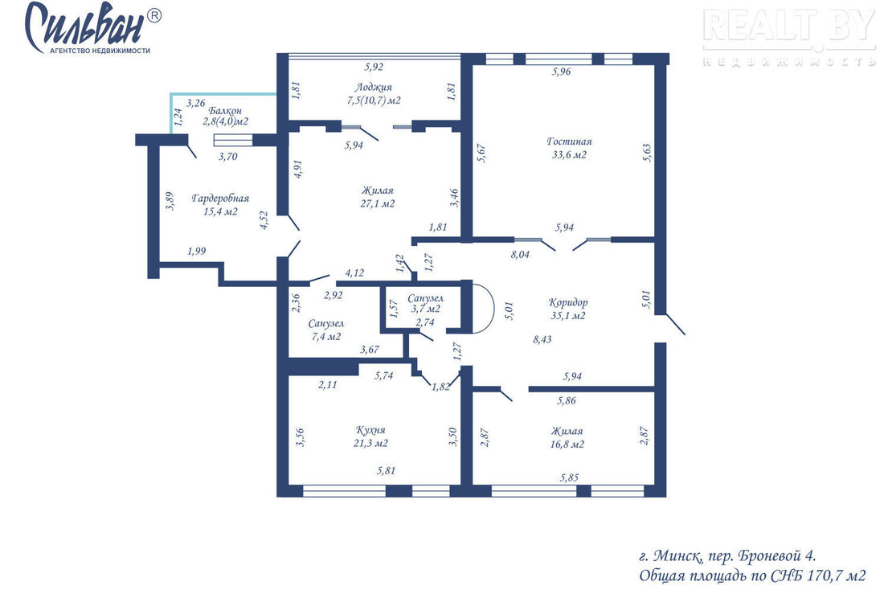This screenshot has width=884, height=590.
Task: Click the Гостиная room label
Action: point(569,141)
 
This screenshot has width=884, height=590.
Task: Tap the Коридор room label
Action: point(567,302)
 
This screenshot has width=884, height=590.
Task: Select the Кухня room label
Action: point(370,430)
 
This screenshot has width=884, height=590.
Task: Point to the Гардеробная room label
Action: point(220,199)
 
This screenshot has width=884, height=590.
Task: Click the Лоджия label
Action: point(373,88)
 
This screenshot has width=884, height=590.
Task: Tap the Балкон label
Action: point(225,111)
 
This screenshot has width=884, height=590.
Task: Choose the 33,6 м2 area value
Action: point(569,154)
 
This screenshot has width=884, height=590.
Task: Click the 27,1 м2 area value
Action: point(377,203)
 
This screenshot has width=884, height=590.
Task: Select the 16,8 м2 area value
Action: point(567,444)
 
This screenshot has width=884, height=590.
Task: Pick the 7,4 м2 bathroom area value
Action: point(325,337)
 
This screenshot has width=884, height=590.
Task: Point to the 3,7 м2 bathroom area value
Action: point(425,309)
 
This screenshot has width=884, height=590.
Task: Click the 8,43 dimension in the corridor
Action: point(542,339)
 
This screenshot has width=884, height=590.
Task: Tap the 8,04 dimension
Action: point(520,254)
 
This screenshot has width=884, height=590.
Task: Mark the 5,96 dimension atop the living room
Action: point(561,72)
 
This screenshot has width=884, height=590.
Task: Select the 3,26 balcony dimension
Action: point(195,103)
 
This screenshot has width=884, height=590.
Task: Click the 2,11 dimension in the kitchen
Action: point(327,385)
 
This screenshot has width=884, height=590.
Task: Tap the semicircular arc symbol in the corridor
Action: point(493,307)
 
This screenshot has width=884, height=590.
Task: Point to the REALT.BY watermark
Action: point(789,26)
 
